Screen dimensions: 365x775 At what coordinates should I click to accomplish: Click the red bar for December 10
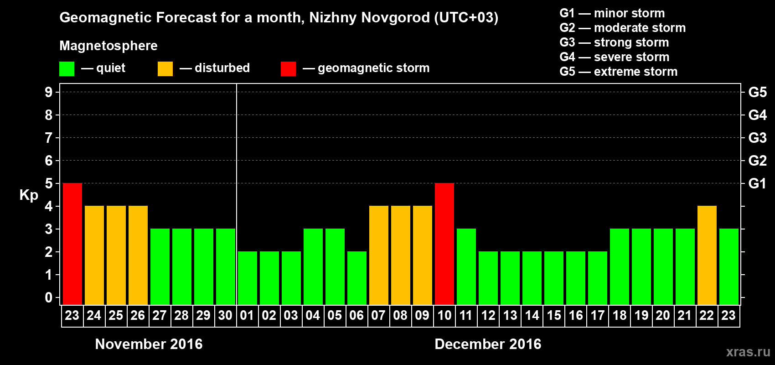pyautogui.click(x=444, y=244)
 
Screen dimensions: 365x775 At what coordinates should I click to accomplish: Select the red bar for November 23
pyautogui.click(x=72, y=244)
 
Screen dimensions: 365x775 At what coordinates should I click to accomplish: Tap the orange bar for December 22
pyautogui.click(x=707, y=255)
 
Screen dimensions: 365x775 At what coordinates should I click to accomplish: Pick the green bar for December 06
pyautogui.click(x=357, y=278)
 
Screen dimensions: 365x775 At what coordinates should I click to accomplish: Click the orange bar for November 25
pyautogui.click(x=116, y=255)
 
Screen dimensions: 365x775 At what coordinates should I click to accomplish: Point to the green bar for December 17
pyautogui.click(x=598, y=278)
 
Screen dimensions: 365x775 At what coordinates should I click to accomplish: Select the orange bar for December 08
pyautogui.click(x=401, y=255)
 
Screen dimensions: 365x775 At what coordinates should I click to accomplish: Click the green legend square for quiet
pyautogui.click(x=67, y=69)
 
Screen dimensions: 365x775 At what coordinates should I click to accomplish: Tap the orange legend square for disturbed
pyautogui.click(x=165, y=69)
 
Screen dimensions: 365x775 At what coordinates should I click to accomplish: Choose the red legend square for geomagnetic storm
pyautogui.click(x=288, y=69)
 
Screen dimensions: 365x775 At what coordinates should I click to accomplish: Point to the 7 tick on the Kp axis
pyautogui.click(x=49, y=138)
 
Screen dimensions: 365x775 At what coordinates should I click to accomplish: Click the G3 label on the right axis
pyautogui.click(x=757, y=138)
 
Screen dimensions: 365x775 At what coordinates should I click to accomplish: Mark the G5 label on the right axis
pyautogui.click(x=757, y=92)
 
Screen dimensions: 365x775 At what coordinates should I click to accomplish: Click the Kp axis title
pyautogui.click(x=29, y=195)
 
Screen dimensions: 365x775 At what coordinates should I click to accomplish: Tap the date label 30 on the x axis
pyautogui.click(x=225, y=315)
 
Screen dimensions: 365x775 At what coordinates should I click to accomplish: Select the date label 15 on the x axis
pyautogui.click(x=554, y=315)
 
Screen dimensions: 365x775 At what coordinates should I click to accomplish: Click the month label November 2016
pyautogui.click(x=149, y=344)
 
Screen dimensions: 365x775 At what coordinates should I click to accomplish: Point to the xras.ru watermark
pyautogui.click(x=748, y=352)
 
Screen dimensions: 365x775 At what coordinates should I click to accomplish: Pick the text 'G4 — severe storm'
pyautogui.click(x=615, y=57)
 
